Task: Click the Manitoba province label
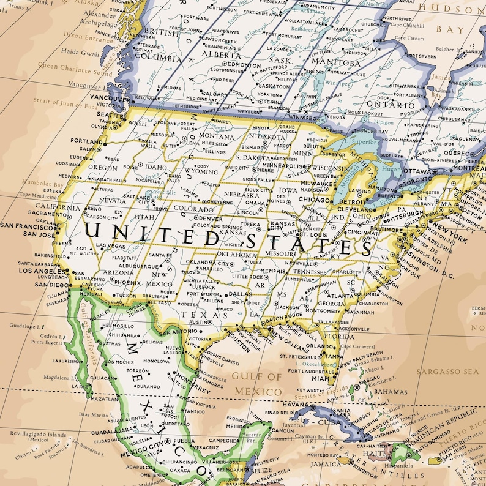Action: (x=336, y=62)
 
